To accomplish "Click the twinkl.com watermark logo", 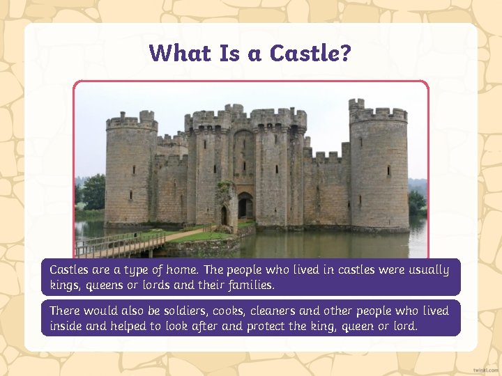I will (485, 369).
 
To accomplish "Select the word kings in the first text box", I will (65, 285).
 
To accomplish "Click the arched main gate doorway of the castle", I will (245, 206).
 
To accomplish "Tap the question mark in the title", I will (345, 53).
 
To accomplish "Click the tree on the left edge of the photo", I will (91, 191).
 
